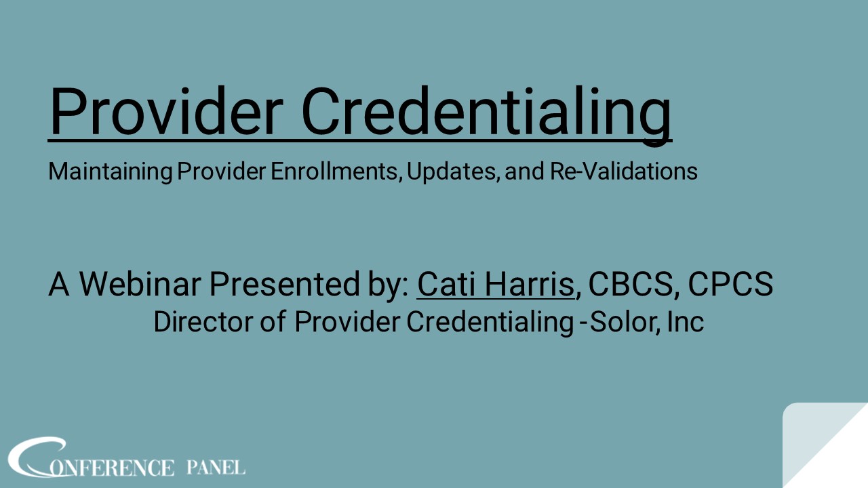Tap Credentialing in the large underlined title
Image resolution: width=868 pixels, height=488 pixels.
[x=486, y=112]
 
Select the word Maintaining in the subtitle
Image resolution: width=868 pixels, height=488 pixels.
[x=110, y=171]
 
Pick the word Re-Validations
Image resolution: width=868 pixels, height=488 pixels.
[x=624, y=171]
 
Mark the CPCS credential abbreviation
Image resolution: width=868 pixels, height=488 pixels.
[x=730, y=285]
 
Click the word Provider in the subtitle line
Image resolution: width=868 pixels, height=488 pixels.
[x=221, y=171]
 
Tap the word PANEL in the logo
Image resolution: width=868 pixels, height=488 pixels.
[x=216, y=467]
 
